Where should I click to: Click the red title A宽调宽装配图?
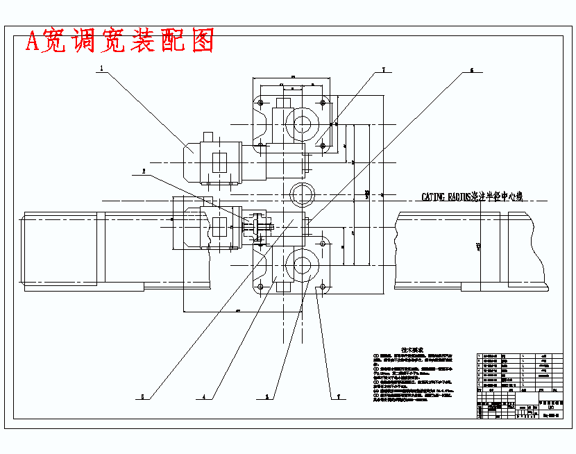pos(119,42)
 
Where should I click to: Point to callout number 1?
pos(101,69)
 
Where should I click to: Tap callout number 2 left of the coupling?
pos(144,171)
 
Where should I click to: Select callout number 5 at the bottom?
pos(142,397)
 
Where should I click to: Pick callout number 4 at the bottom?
pos(204,397)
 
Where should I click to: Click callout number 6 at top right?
pos(472,70)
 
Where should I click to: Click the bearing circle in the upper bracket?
pos(302,124)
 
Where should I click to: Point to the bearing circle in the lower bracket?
pos(302,264)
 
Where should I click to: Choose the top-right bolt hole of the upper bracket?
pos(323,103)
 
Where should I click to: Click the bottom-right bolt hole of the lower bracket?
pos(323,285)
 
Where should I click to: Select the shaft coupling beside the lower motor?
pos(258,226)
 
